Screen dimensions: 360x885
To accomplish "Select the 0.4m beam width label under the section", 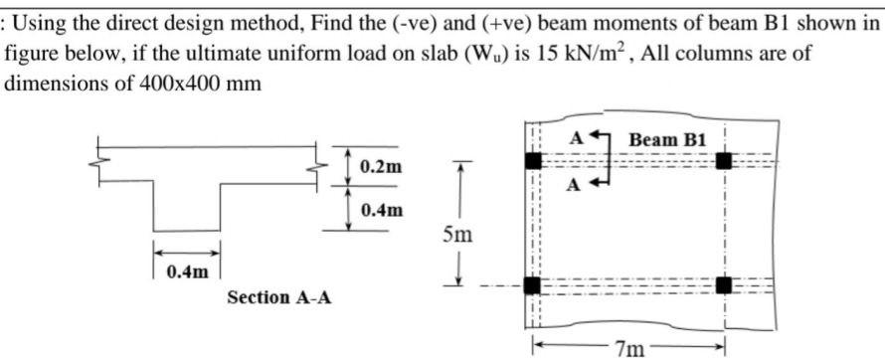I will click(x=187, y=269).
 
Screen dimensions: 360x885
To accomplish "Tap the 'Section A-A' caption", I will click(x=279, y=296).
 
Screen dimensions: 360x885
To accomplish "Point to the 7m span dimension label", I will click(x=627, y=347).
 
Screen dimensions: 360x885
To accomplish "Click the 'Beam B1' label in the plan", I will click(x=667, y=138).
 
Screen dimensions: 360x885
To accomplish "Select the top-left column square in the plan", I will click(x=533, y=160).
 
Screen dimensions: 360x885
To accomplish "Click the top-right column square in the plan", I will click(x=723, y=160).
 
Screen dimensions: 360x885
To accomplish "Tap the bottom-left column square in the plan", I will click(x=533, y=286).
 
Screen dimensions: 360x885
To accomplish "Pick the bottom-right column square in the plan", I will click(x=723, y=286).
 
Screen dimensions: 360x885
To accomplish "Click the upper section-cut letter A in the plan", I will click(x=574, y=138).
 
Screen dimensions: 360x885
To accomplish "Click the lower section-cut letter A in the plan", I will click(x=574, y=185).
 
